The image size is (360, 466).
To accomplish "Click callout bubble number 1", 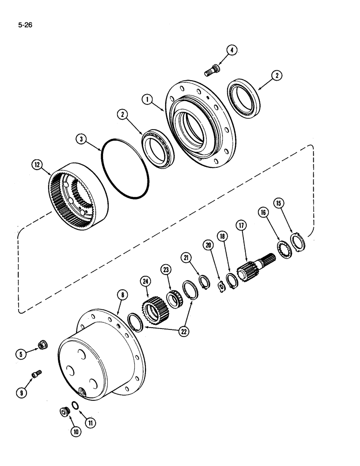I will [x=148, y=100].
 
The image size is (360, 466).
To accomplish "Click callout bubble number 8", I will [x=122, y=295].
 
